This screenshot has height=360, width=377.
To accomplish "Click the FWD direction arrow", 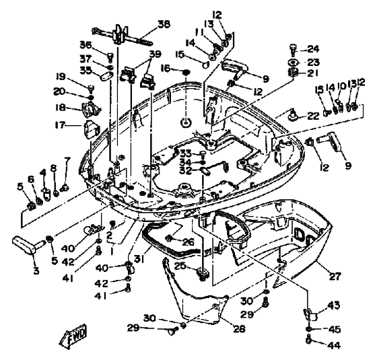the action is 73,335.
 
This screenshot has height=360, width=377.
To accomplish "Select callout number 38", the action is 164,24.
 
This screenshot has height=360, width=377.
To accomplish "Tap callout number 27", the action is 335,277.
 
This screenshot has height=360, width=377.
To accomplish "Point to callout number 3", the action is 36,271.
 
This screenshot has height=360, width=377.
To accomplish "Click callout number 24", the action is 313,48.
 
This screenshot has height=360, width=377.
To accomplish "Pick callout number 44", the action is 335,345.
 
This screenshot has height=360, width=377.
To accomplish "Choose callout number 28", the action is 239,328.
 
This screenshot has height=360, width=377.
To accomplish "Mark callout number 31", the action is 139,259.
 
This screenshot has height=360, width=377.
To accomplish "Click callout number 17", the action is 60,125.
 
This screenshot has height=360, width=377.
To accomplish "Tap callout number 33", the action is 186,153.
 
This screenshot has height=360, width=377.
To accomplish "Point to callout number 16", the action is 166,68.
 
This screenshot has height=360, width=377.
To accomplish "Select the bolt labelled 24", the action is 293,50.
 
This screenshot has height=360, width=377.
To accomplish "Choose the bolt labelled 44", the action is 310,340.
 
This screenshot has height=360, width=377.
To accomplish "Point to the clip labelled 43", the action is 310,315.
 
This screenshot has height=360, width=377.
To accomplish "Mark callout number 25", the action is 187,266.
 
